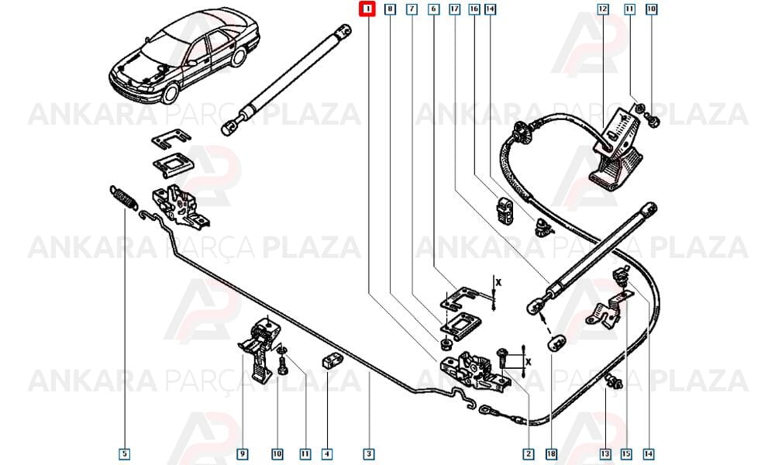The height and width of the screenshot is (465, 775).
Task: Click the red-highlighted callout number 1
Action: (367, 9)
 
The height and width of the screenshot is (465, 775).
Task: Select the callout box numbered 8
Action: (391, 9)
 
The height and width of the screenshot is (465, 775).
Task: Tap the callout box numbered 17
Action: (454, 9)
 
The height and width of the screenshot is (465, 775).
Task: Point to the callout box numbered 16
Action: (474, 9)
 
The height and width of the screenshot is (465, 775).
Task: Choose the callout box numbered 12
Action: (602, 9)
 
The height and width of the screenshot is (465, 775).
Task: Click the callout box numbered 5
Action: (125, 453)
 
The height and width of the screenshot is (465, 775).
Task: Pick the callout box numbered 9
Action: (242, 453)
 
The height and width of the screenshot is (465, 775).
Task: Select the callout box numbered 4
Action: (327, 453)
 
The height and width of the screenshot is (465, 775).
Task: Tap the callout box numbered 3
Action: (368, 453)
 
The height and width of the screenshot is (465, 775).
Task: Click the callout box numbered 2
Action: (529, 453)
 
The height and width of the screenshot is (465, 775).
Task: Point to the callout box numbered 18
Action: (551, 453)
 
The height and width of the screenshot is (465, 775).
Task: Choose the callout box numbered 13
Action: (605, 453)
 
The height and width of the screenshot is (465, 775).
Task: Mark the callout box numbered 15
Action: (626, 453)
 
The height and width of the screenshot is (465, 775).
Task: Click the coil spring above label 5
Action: (122, 197)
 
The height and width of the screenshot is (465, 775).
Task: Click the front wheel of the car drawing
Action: (170, 93)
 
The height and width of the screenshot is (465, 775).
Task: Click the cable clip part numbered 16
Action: (505, 211)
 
